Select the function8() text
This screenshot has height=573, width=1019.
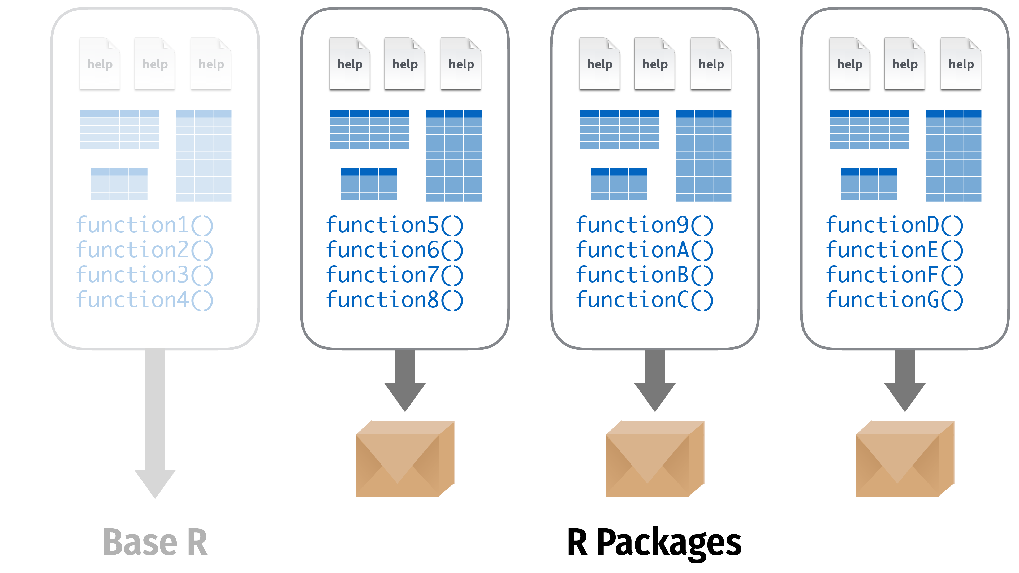394,300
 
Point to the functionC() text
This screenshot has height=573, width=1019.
644,300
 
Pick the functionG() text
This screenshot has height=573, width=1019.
894,300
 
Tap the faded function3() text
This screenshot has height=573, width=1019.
145,275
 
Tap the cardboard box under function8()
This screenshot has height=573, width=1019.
405,459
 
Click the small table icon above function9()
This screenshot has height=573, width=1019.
619,184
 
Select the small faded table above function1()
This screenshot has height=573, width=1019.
119,184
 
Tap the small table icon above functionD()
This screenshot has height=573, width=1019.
869,184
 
